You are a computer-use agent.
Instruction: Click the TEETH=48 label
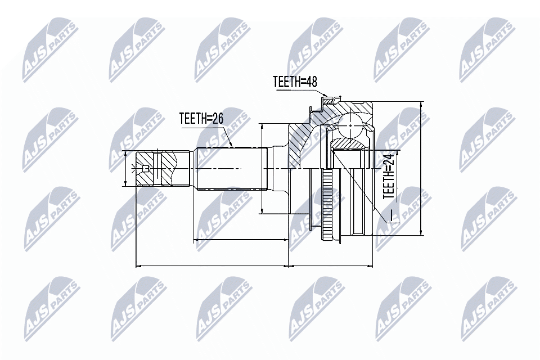coord(295,82)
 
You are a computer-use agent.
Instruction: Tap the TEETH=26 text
coord(201,119)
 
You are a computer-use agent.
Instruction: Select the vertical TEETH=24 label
coord(388,178)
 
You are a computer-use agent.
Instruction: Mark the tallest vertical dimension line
coord(421,169)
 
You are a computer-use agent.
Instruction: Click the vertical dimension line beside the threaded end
coord(125,168)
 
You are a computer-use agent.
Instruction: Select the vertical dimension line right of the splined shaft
coord(262,169)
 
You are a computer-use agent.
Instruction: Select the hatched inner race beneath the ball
coord(348,145)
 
